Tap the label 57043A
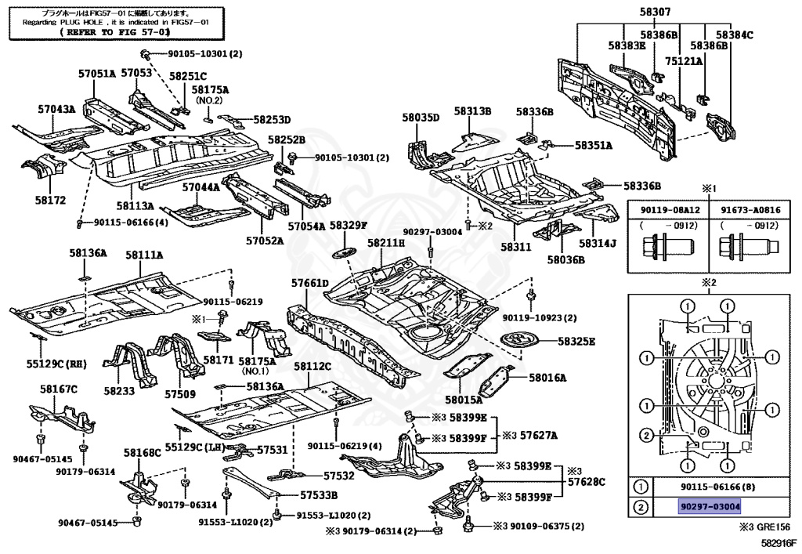coord(56,109)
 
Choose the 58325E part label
coord(576,342)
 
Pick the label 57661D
coord(309,282)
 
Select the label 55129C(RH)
coord(55,364)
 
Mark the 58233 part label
coord(120,391)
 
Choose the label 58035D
coord(421,118)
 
